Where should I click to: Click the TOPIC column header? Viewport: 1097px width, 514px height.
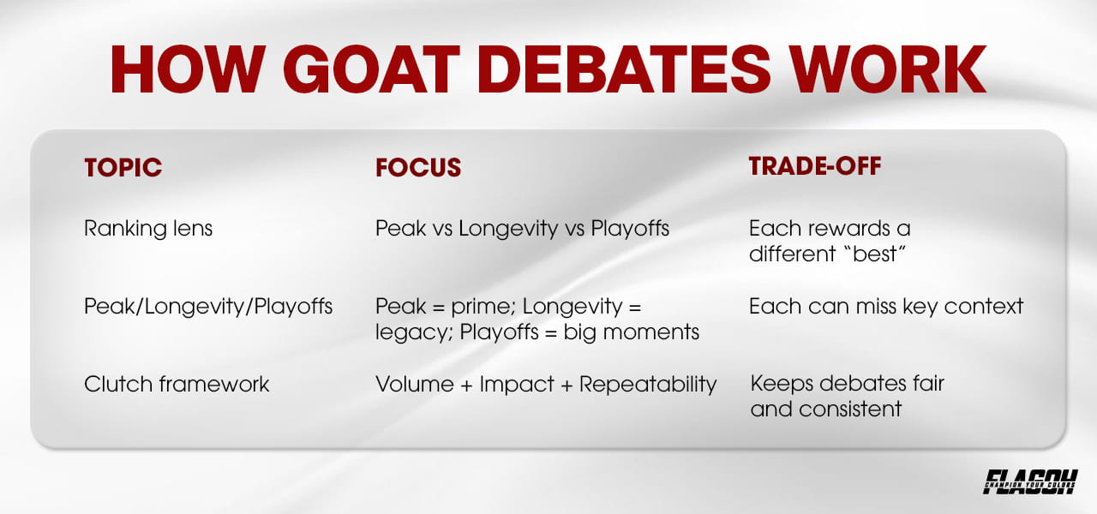(x=123, y=168)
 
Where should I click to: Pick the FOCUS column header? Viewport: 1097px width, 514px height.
(x=418, y=168)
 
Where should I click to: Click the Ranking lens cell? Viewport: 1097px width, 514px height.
(x=148, y=230)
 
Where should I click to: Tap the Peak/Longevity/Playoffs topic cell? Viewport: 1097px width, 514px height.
(x=208, y=306)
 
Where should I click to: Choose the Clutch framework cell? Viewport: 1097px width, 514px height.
(x=177, y=384)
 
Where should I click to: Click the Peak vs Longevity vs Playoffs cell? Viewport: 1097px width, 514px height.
(x=522, y=230)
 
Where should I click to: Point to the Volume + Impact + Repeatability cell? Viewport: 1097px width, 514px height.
(x=545, y=384)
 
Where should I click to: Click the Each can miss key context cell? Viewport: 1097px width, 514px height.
(x=886, y=306)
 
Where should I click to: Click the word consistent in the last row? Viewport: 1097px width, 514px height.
(x=850, y=409)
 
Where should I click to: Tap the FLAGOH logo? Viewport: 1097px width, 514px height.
(x=1029, y=481)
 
